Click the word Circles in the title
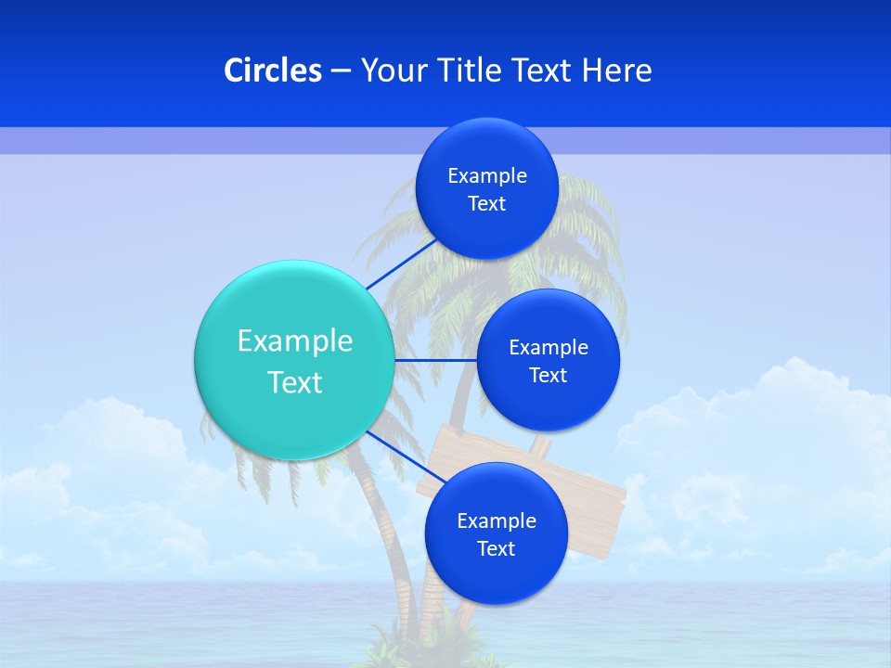(x=272, y=71)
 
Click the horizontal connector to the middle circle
(x=435, y=360)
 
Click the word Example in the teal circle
(x=295, y=340)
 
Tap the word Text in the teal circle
(x=295, y=382)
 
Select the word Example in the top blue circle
(x=486, y=176)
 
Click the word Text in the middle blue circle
(x=548, y=375)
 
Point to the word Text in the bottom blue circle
(x=496, y=548)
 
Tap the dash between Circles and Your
(x=340, y=71)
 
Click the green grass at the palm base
(x=408, y=654)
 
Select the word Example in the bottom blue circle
(x=496, y=520)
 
